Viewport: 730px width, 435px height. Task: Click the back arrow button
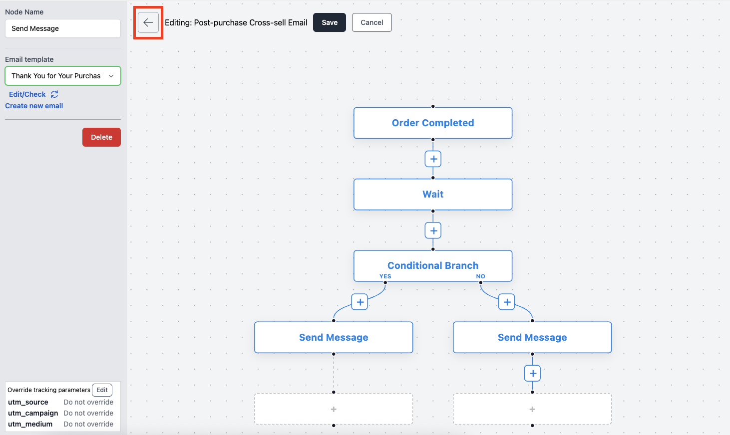tap(148, 22)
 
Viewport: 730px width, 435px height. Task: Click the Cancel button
tap(372, 22)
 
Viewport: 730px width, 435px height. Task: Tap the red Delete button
tap(101, 137)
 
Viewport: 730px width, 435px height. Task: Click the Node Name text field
tap(63, 28)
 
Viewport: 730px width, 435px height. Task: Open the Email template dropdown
tap(63, 76)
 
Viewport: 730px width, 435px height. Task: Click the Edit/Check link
tap(27, 94)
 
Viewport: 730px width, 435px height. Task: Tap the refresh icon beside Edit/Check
tap(54, 94)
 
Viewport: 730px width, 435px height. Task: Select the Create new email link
tap(34, 106)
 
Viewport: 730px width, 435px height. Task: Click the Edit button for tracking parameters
tap(102, 390)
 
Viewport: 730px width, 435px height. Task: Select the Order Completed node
tap(433, 123)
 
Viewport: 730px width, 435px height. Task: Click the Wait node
tap(433, 195)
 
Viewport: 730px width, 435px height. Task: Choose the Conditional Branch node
tap(433, 266)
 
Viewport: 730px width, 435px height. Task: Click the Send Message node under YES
tap(334, 337)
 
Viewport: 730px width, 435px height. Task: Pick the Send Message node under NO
tap(532, 337)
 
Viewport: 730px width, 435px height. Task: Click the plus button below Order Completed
tap(433, 159)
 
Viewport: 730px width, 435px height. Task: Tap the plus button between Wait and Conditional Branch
tap(433, 230)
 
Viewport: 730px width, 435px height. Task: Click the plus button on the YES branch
tap(360, 302)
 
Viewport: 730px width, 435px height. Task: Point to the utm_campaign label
tap(33, 413)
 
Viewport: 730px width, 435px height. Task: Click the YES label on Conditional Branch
tap(385, 276)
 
